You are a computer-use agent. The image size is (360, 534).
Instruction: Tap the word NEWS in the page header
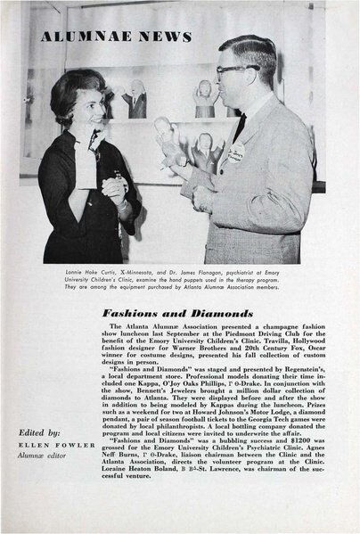166,37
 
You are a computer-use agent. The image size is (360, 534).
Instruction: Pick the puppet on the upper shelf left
136,97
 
